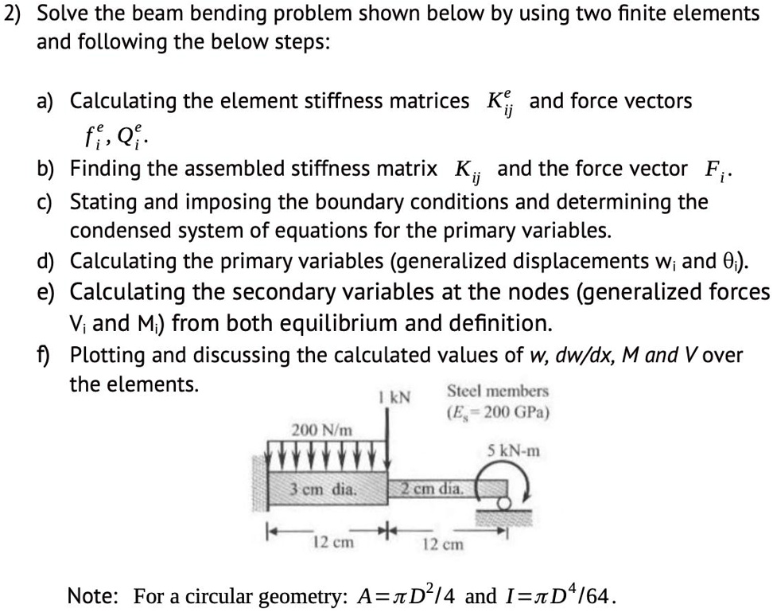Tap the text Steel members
[498, 391]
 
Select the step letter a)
[49, 101]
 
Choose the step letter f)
[48, 354]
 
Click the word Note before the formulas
[92, 595]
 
